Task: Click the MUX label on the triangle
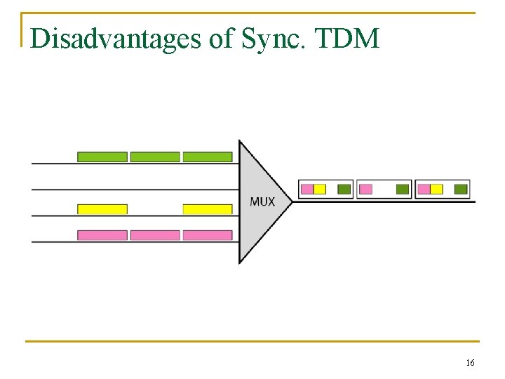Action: [262, 201]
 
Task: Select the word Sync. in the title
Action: [276, 39]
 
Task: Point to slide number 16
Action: [470, 363]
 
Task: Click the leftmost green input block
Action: [102, 157]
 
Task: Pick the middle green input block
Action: [155, 157]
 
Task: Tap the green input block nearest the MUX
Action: [208, 157]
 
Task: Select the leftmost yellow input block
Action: [102, 209]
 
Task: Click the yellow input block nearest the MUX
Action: [208, 209]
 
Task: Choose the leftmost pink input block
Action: [102, 235]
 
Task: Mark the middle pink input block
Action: [155, 235]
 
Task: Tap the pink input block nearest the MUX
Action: [208, 235]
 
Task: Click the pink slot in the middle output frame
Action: [365, 189]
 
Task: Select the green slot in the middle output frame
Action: [403, 189]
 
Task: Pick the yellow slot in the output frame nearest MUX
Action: [320, 189]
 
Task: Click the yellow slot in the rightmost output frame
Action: [436, 189]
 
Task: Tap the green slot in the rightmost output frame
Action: [461, 189]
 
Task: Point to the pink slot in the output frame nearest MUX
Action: [307, 189]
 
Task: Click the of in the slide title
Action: [222, 39]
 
